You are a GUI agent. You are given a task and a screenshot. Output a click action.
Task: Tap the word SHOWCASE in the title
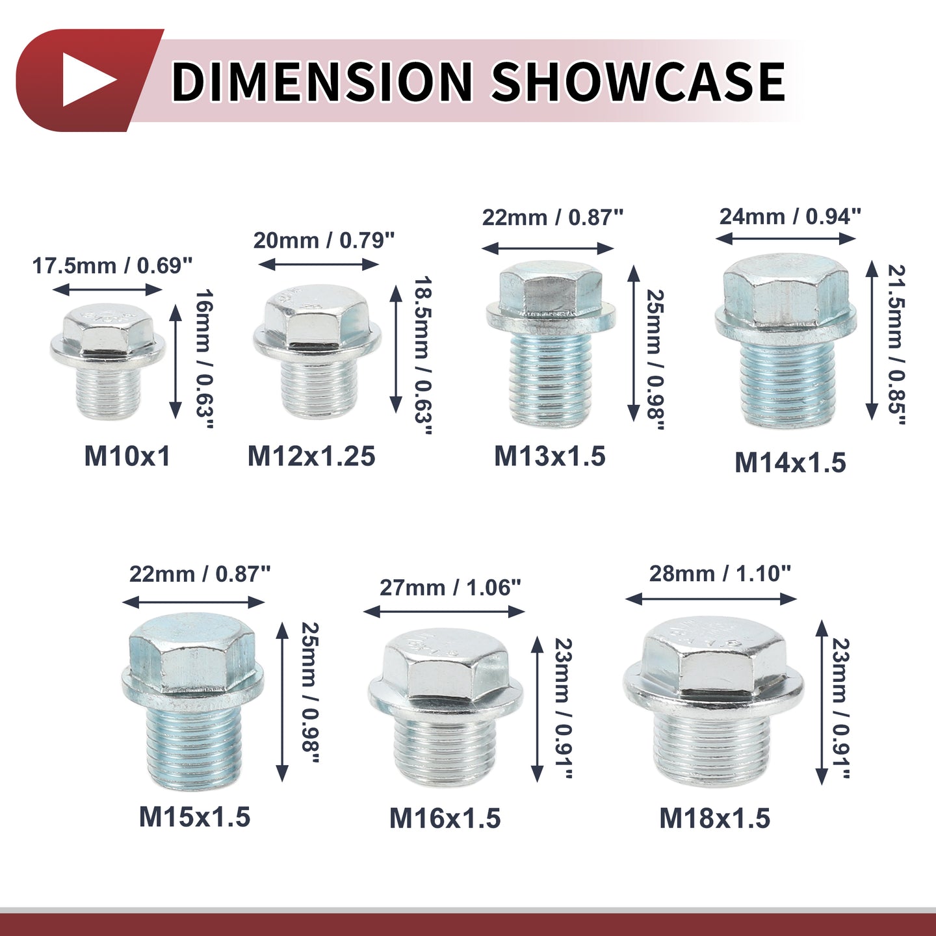(638, 81)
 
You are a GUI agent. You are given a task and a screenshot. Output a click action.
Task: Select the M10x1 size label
(127, 456)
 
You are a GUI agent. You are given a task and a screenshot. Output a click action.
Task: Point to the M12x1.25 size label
(311, 456)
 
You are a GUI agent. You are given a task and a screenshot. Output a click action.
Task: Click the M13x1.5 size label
(550, 456)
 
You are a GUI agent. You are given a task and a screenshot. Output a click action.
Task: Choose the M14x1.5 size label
(790, 462)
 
